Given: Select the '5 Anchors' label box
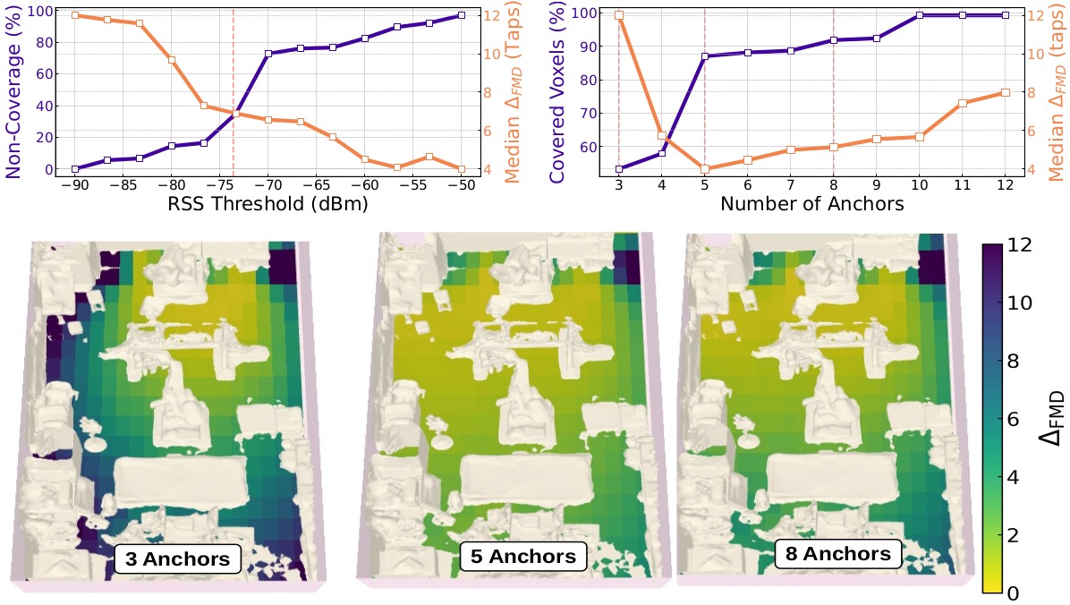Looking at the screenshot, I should (x=523, y=556).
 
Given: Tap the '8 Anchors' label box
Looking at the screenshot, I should (x=837, y=552).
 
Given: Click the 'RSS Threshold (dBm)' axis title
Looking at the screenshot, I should (x=267, y=204).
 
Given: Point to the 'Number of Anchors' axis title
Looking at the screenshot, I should (x=811, y=204).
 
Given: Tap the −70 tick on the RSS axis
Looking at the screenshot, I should (x=268, y=183).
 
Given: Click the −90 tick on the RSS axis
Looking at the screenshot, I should (x=76, y=183).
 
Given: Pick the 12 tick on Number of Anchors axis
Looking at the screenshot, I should (x=1006, y=183).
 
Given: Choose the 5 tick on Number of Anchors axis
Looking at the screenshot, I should (x=704, y=183).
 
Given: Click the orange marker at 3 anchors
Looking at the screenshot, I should (x=618, y=15).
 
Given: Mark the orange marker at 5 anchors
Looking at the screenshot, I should (x=704, y=169).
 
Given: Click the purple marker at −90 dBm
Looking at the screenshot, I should (x=76, y=169).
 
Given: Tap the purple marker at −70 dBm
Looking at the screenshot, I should (x=268, y=54).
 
